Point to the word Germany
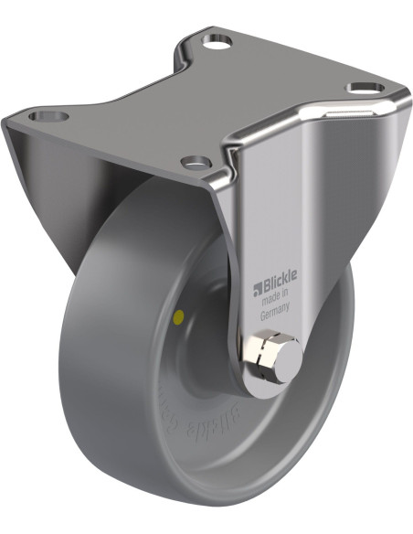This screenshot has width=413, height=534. click(x=272, y=313)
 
